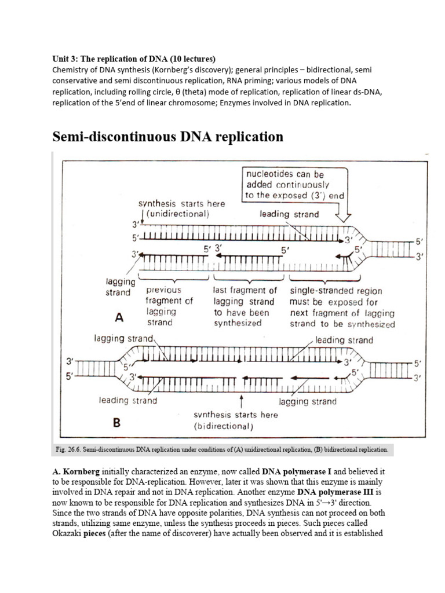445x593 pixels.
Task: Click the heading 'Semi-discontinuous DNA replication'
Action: click(x=168, y=137)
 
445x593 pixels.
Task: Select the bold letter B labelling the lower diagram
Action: click(x=116, y=423)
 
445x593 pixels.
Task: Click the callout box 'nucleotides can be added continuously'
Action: click(x=294, y=185)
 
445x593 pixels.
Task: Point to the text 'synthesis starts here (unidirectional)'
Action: click(x=181, y=208)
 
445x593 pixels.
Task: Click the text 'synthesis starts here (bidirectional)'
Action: click(x=235, y=420)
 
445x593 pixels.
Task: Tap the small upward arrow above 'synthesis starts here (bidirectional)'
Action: click(x=241, y=402)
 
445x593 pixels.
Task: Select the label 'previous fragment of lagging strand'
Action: click(x=170, y=306)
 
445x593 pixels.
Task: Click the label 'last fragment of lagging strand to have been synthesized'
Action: click(x=245, y=306)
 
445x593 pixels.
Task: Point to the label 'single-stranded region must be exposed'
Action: click(x=342, y=306)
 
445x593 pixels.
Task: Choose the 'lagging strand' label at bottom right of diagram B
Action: click(x=308, y=401)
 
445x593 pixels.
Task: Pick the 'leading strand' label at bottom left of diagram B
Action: click(x=127, y=400)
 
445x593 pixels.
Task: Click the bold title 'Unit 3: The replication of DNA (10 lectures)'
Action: click(x=134, y=58)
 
